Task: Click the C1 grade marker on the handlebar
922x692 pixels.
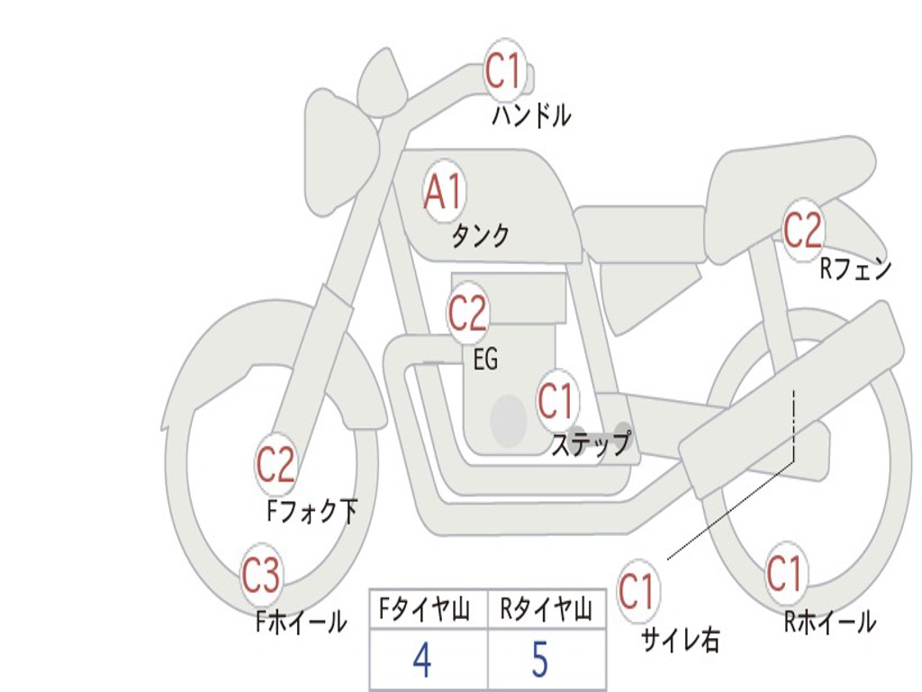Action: tap(504, 71)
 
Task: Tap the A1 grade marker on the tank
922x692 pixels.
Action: tap(443, 192)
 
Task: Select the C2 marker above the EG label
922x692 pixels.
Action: tap(467, 313)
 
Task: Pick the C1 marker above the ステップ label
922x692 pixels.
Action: tap(556, 400)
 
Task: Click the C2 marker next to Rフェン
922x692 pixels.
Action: tap(802, 230)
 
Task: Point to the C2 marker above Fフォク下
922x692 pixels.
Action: tap(276, 465)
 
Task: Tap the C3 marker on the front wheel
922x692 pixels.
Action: tap(261, 577)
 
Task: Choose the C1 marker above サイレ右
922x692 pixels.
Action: tap(637, 592)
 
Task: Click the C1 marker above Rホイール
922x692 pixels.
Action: tap(784, 573)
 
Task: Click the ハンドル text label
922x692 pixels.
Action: tap(531, 115)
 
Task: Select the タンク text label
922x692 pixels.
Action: tap(480, 236)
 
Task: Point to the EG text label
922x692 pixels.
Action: tap(485, 360)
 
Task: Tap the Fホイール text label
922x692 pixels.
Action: tap(301, 622)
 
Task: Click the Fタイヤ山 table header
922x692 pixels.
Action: tap(423, 612)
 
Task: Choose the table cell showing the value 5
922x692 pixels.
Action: tap(540, 660)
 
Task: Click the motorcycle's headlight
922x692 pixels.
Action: tap(340, 153)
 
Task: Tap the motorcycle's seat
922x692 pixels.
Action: tap(791, 171)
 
